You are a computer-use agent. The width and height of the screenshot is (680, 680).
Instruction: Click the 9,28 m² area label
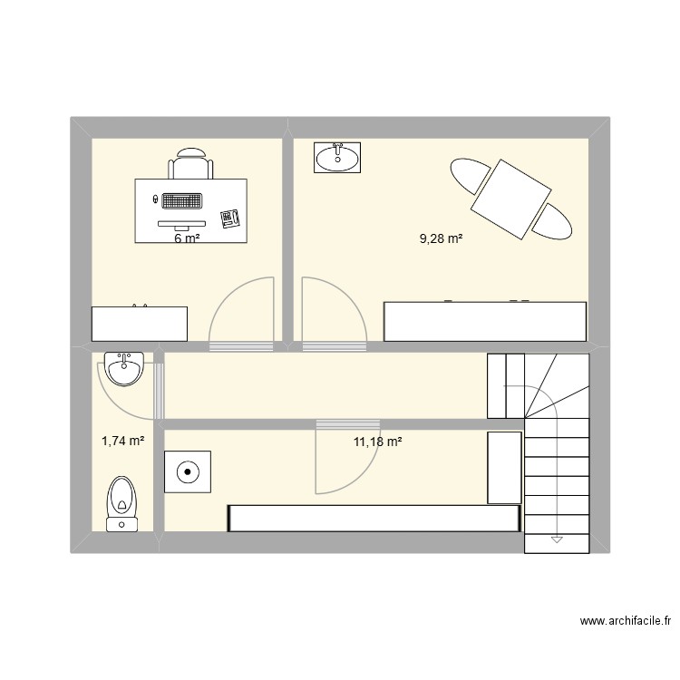point(441,239)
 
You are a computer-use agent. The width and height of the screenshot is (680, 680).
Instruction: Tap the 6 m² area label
point(187,239)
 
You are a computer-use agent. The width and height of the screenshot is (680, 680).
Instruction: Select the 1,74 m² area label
point(122,442)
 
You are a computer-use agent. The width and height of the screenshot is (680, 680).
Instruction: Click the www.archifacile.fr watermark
point(625,622)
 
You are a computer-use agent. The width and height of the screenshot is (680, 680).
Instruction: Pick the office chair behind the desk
point(191,166)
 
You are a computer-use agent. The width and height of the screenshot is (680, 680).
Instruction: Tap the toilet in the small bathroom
point(121,503)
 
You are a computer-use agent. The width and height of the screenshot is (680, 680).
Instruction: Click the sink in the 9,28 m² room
point(337,157)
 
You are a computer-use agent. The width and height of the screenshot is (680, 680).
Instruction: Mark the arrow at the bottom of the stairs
point(557,540)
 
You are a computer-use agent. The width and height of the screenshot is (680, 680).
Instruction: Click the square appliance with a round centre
point(187,471)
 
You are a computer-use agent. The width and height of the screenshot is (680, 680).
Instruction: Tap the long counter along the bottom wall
point(373,518)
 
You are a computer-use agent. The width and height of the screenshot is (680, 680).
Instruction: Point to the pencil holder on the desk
point(229,218)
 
